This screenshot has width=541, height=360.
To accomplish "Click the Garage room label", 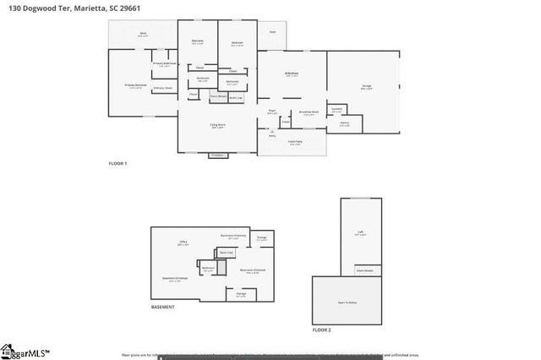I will (x=366, y=86).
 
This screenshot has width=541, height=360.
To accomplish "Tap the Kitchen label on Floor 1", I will (x=291, y=74).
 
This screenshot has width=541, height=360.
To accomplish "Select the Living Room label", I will (x=217, y=125).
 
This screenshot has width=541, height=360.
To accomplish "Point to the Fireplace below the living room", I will (x=217, y=155).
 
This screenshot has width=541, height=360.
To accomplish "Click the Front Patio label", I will (x=295, y=143).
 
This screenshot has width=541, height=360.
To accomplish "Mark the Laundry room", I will (x=336, y=109).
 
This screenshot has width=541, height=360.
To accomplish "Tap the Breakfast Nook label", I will (x=309, y=112).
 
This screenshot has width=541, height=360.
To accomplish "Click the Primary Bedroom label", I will (x=135, y=85).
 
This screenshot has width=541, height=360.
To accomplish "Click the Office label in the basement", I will (x=183, y=243).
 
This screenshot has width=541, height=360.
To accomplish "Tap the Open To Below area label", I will (x=347, y=301).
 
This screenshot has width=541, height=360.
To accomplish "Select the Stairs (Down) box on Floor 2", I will (x=368, y=270).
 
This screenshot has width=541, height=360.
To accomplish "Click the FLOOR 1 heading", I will (x=117, y=162).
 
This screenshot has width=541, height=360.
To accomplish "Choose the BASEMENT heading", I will (x=163, y=307).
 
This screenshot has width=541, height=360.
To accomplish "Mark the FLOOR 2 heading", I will (x=322, y=330).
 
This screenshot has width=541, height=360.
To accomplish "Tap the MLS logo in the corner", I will (x=25, y=352).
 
